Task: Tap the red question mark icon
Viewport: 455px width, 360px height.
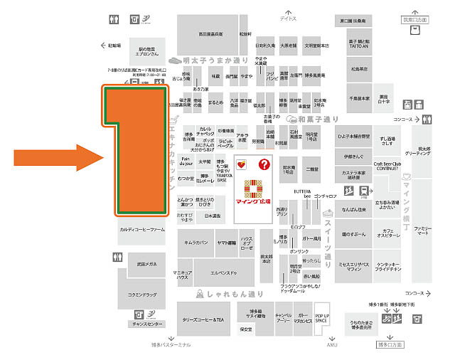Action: [264, 165]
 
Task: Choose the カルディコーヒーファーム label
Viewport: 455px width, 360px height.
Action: [142, 230]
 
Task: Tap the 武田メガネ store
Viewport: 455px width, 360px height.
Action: [142, 264]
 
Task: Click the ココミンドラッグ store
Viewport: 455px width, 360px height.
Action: [141, 292]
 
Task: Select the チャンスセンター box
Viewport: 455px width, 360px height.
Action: [147, 323]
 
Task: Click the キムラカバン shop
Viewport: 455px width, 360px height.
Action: [196, 242]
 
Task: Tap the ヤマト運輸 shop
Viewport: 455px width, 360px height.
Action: [226, 242]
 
